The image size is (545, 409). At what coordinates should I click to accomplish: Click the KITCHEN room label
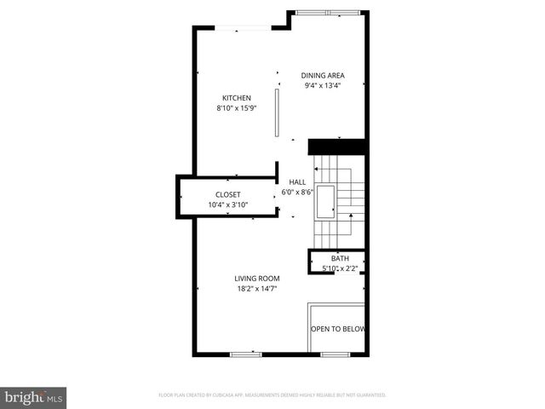[x=237, y=97]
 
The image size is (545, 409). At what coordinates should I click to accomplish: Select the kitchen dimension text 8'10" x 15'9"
[x=237, y=108]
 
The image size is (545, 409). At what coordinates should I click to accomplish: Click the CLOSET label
[x=227, y=194]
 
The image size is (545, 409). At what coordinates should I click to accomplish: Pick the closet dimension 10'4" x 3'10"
[x=227, y=204]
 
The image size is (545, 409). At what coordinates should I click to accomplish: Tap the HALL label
[x=297, y=181]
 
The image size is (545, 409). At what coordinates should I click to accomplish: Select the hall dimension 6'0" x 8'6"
[x=297, y=193]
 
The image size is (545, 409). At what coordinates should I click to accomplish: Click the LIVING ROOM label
[x=257, y=279]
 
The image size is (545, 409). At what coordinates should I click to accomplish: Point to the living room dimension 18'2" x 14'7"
[x=257, y=289]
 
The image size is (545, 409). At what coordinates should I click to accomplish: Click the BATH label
[x=341, y=259]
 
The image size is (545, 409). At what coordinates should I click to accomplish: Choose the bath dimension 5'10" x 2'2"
[x=340, y=269]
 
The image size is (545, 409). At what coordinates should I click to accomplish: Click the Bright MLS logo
[x=34, y=397]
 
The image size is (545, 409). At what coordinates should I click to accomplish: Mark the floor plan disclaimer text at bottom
[x=272, y=395]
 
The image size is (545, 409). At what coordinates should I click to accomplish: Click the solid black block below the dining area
[x=336, y=147]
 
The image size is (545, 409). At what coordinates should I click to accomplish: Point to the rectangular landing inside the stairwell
[x=325, y=202]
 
